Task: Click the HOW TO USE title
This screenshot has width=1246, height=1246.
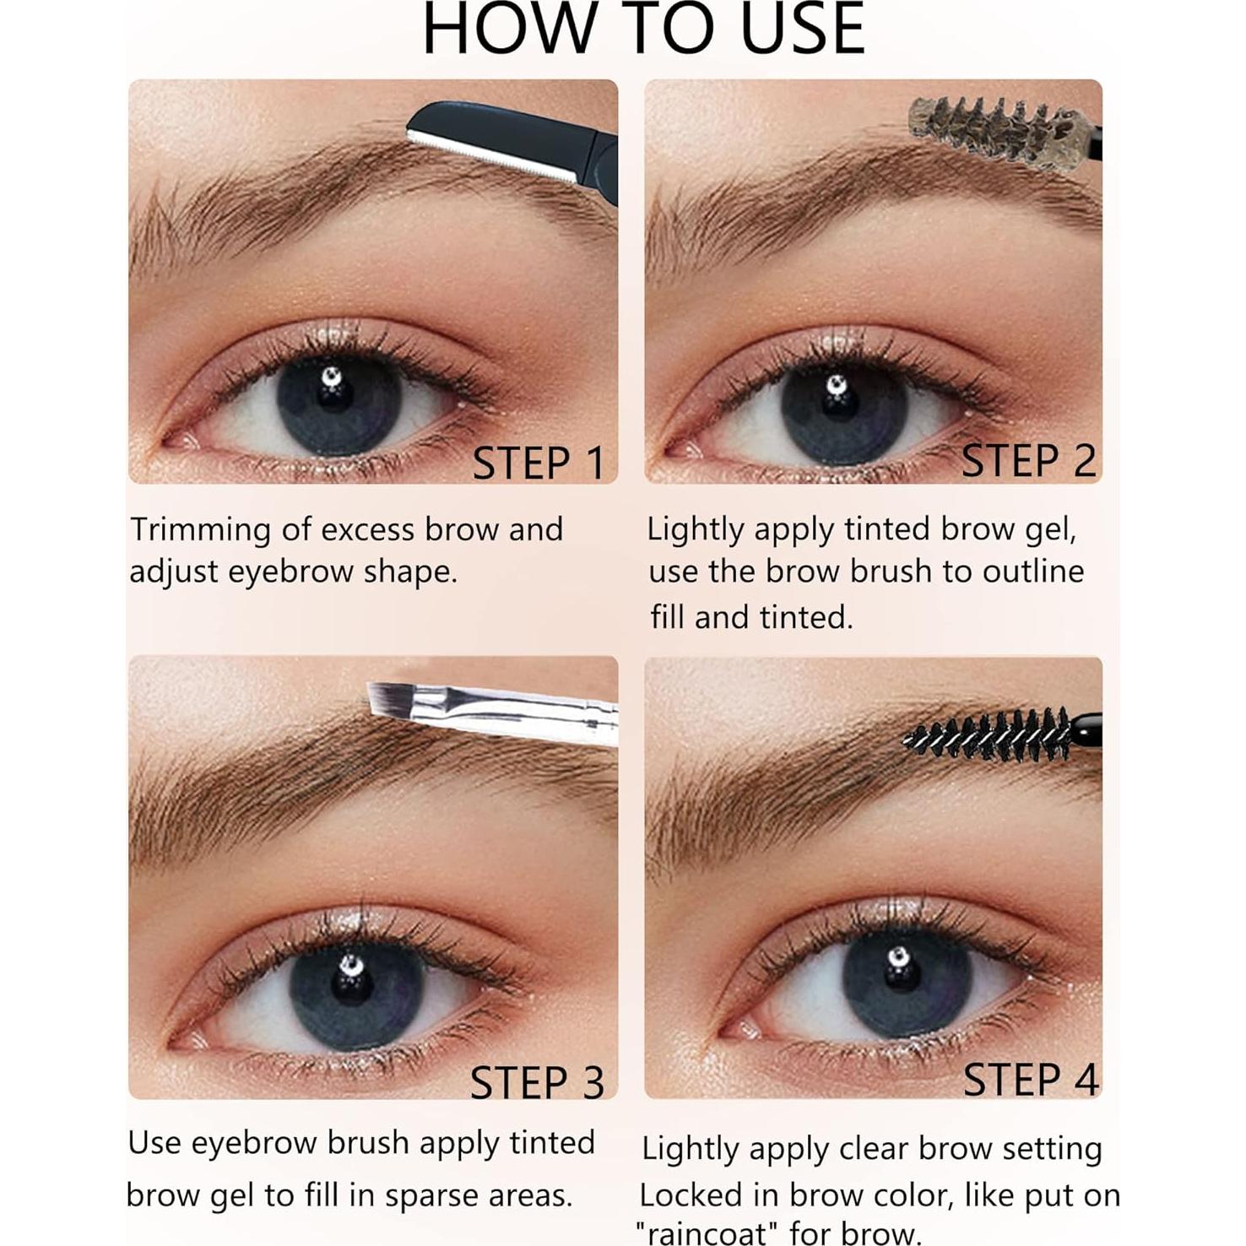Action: pos(643,30)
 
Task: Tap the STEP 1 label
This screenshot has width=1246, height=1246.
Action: pos(539,463)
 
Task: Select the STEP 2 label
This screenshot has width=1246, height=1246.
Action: pos(1028,461)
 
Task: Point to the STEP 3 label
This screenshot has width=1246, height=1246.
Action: pos(537,1083)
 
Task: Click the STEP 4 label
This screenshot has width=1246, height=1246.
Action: pos(1030,1080)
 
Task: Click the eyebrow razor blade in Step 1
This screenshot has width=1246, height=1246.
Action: pos(507,139)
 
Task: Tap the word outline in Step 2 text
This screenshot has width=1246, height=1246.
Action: pos(1035,572)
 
